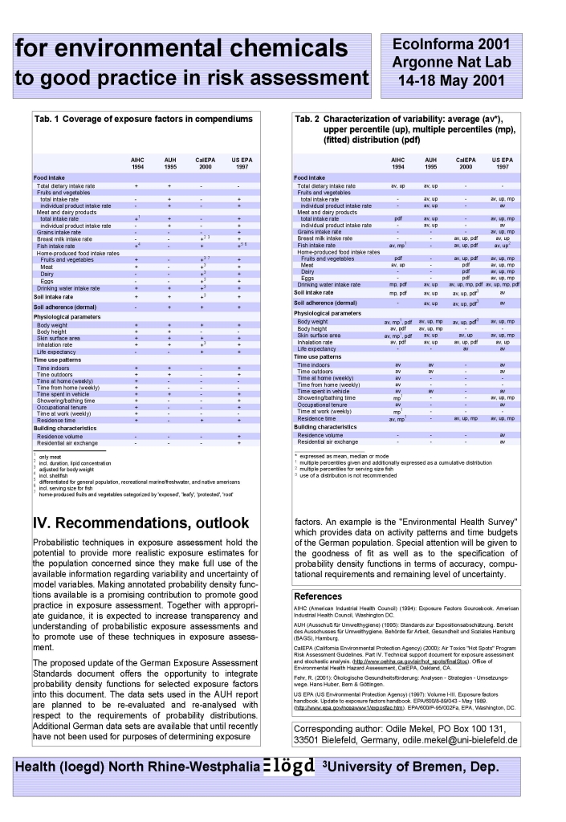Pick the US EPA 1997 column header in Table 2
pos(502,163)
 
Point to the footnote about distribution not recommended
pos(346,475)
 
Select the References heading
pos(319,596)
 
